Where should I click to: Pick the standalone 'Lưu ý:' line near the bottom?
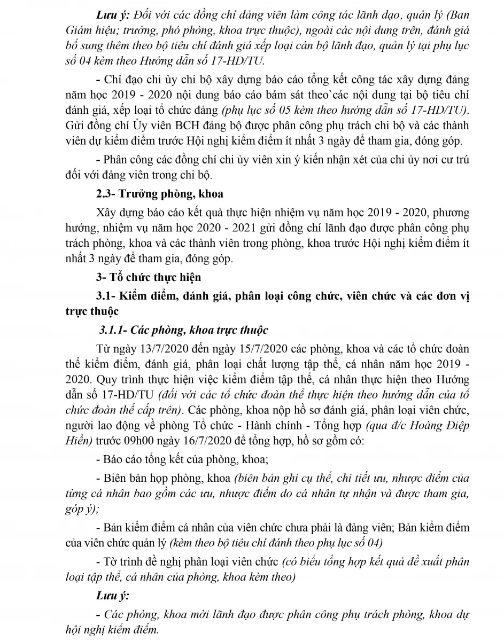click(x=114, y=596)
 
